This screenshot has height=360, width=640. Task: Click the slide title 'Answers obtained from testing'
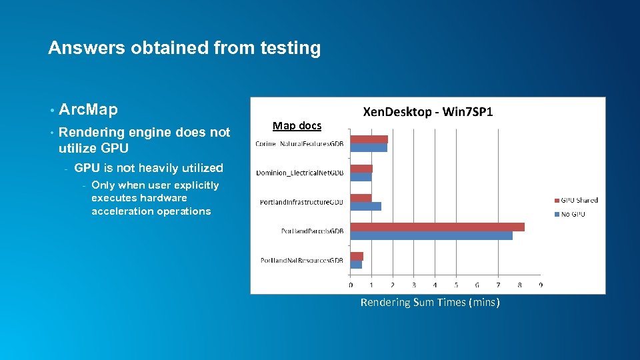pos(184,48)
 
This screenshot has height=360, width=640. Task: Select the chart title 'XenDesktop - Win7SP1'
pos(427,112)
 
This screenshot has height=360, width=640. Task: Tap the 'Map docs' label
pos(297,125)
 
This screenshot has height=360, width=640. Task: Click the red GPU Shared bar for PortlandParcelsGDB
pos(437,227)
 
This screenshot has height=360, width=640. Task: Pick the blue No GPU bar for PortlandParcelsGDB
pos(431,235)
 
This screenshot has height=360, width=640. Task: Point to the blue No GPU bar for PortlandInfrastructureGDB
pos(365,206)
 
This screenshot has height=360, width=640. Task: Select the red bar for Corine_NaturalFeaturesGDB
pos(369,139)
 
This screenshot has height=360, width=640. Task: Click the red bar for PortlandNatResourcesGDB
pos(357,256)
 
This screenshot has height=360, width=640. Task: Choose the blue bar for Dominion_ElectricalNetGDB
pos(361,177)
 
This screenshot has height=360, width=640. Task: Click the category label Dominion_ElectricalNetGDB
pos(299,173)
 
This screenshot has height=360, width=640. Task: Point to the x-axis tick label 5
pos(456,285)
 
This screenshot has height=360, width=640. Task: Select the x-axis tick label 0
pos(351,285)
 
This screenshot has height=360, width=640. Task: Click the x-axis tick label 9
pos(541,285)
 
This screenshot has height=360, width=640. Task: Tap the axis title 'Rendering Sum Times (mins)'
pos(429,303)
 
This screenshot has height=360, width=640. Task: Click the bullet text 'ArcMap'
pos(88,109)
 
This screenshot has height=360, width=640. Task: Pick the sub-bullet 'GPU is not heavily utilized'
pos(149,168)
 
